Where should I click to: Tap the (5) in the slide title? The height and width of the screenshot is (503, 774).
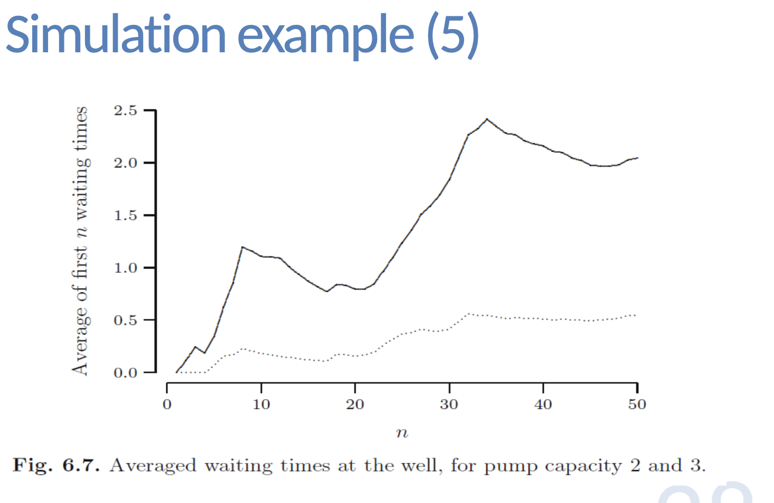(452, 35)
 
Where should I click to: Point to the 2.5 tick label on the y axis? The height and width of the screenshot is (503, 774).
(125, 111)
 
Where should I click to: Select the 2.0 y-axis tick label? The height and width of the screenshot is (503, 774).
(125, 163)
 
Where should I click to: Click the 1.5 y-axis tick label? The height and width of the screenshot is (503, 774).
(125, 216)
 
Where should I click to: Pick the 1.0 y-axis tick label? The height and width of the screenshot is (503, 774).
(125, 268)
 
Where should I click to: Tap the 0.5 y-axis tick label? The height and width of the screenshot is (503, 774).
(125, 320)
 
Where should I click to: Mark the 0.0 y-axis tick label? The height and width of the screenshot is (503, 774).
(125, 372)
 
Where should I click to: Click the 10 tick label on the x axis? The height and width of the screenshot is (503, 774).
(261, 405)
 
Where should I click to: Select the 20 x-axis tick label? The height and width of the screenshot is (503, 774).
(355, 405)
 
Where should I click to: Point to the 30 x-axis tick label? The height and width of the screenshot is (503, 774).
(449, 405)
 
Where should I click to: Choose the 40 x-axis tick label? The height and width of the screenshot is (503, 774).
(543, 405)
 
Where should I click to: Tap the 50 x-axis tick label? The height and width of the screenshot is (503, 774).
(637, 405)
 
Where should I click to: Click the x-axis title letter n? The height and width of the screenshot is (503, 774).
(402, 433)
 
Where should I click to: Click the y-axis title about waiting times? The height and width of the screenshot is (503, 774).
(80, 241)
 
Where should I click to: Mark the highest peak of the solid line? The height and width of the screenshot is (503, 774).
(486, 119)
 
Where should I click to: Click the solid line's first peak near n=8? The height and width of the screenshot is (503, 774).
(242, 247)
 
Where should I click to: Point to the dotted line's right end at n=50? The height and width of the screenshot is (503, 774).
(635, 315)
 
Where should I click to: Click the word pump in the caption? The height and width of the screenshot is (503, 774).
(511, 467)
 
